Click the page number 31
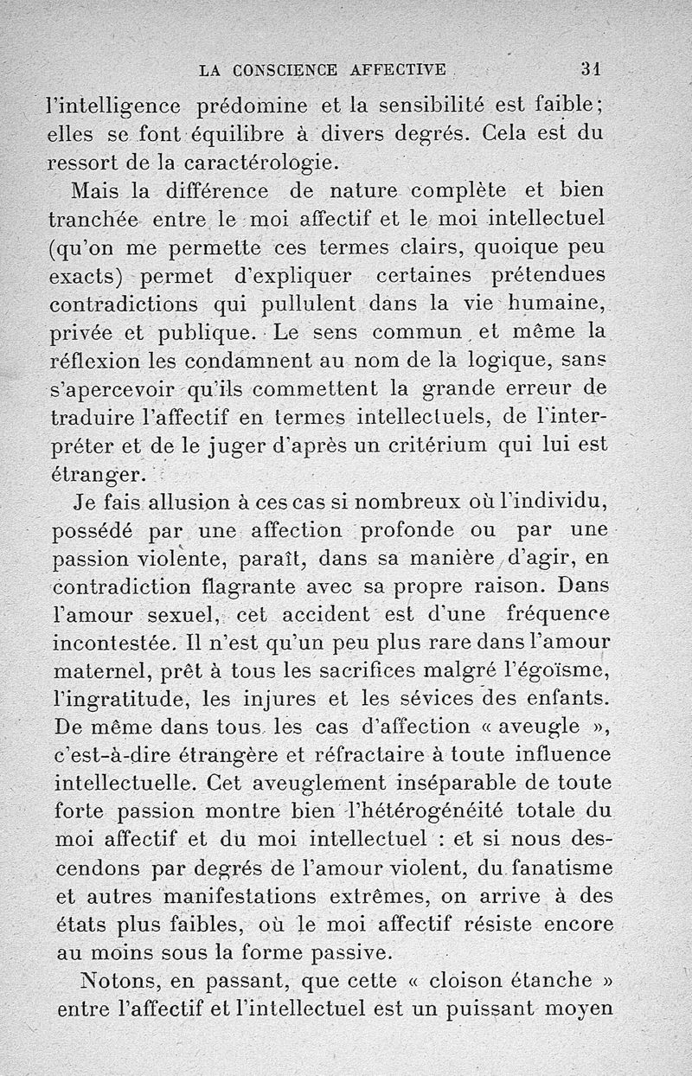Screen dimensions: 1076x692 (x=592, y=69)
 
